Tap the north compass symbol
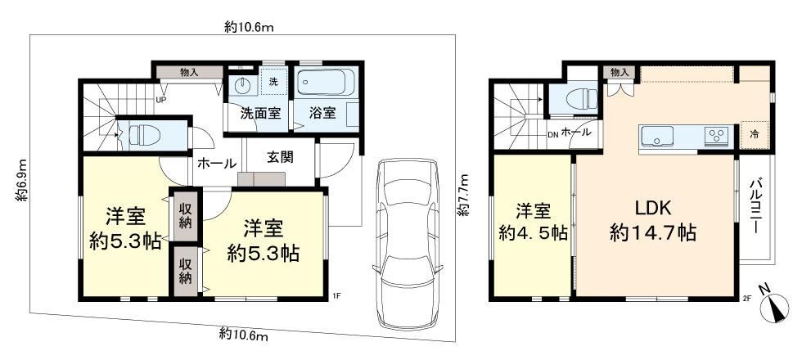(x=774, y=306)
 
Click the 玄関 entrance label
(x=280, y=157)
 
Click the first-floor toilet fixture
(x=145, y=135)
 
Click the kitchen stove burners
(x=717, y=135)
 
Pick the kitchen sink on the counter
(x=656, y=136)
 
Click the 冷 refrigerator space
(x=755, y=134)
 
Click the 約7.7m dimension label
(x=463, y=195)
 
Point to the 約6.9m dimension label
(x=20, y=179)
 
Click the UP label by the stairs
(x=160, y=99)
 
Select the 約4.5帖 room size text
(x=533, y=233)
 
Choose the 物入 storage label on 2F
(x=620, y=73)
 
